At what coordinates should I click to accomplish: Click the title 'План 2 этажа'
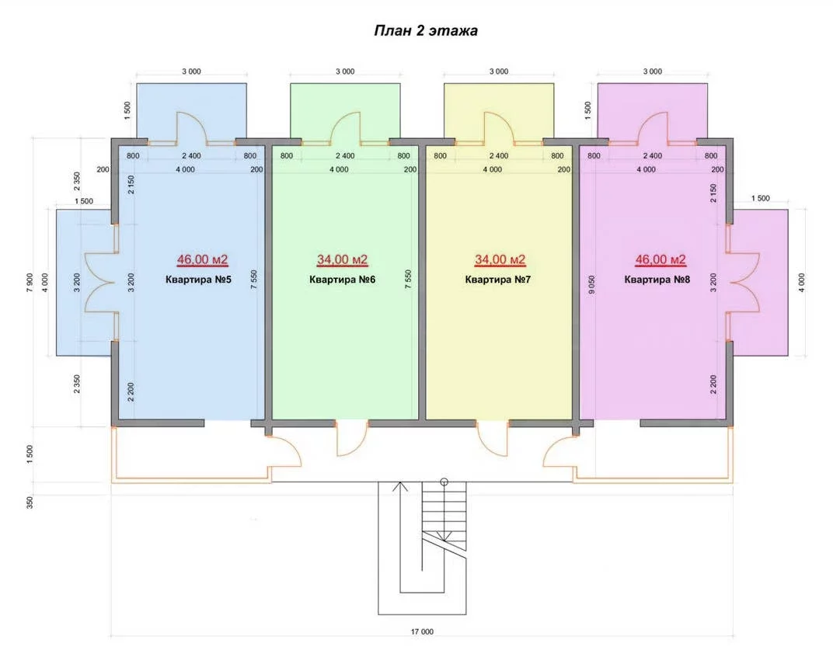tap(426, 31)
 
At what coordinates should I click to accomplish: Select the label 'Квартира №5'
tap(199, 280)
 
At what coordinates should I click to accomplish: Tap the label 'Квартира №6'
tap(342, 280)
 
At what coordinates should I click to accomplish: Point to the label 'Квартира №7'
tap(498, 280)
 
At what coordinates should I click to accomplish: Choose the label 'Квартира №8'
tap(657, 280)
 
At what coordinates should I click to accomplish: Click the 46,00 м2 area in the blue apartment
tap(202, 259)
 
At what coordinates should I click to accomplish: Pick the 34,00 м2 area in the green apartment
tap(342, 259)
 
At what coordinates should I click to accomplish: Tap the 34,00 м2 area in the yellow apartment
tap(500, 259)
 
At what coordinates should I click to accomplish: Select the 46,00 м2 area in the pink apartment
tap(660, 259)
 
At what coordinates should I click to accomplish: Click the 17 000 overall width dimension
tap(423, 631)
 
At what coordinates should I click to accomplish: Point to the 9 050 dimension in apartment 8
tap(592, 285)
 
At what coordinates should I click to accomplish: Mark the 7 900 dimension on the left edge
tap(30, 283)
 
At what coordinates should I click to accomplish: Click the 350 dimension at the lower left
tap(30, 503)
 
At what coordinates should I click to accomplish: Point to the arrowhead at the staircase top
tap(400, 485)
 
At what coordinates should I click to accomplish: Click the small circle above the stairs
tap(444, 482)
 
